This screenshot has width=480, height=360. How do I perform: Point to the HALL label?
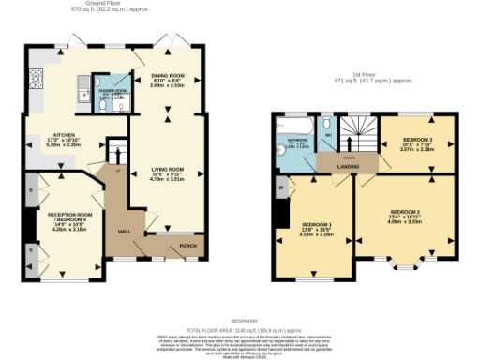123,229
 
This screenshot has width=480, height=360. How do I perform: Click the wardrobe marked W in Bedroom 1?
281,187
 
